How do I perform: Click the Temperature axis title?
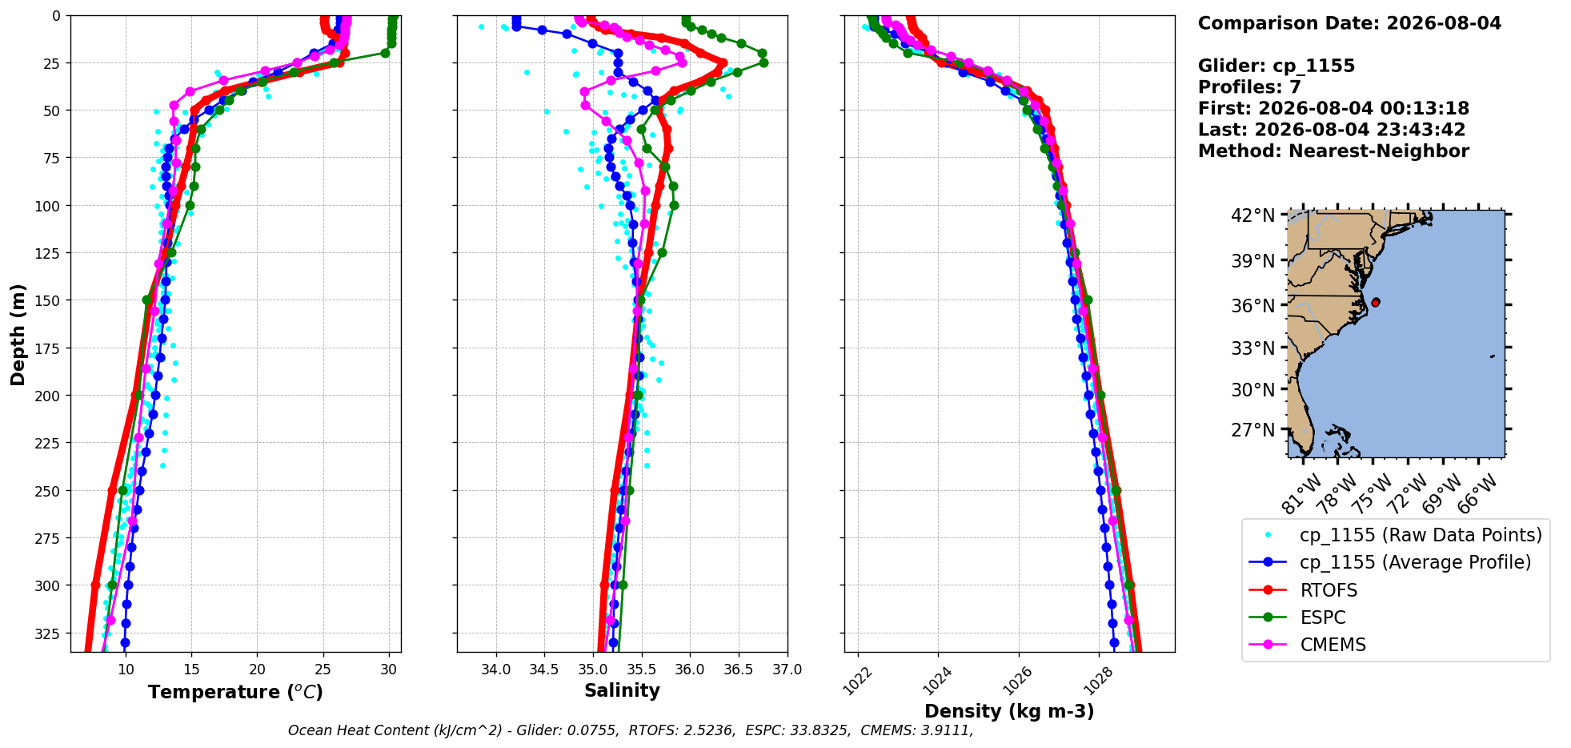pos(235,692)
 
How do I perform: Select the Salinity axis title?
pos(622,690)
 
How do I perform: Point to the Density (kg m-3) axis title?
pos(1009,711)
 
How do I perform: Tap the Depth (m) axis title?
pos(18,334)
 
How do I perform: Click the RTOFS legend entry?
pos(1329,590)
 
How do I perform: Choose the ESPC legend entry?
pos(1323,617)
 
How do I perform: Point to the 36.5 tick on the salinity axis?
pos(738,670)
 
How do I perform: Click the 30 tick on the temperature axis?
pos(389,670)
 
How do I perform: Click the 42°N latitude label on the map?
pos(1252,215)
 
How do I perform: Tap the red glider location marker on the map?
pos(1375,302)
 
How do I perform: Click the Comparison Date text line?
pos(1349,23)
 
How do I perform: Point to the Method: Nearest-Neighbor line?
pos(1333,151)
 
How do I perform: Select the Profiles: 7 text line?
pos(1249,87)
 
